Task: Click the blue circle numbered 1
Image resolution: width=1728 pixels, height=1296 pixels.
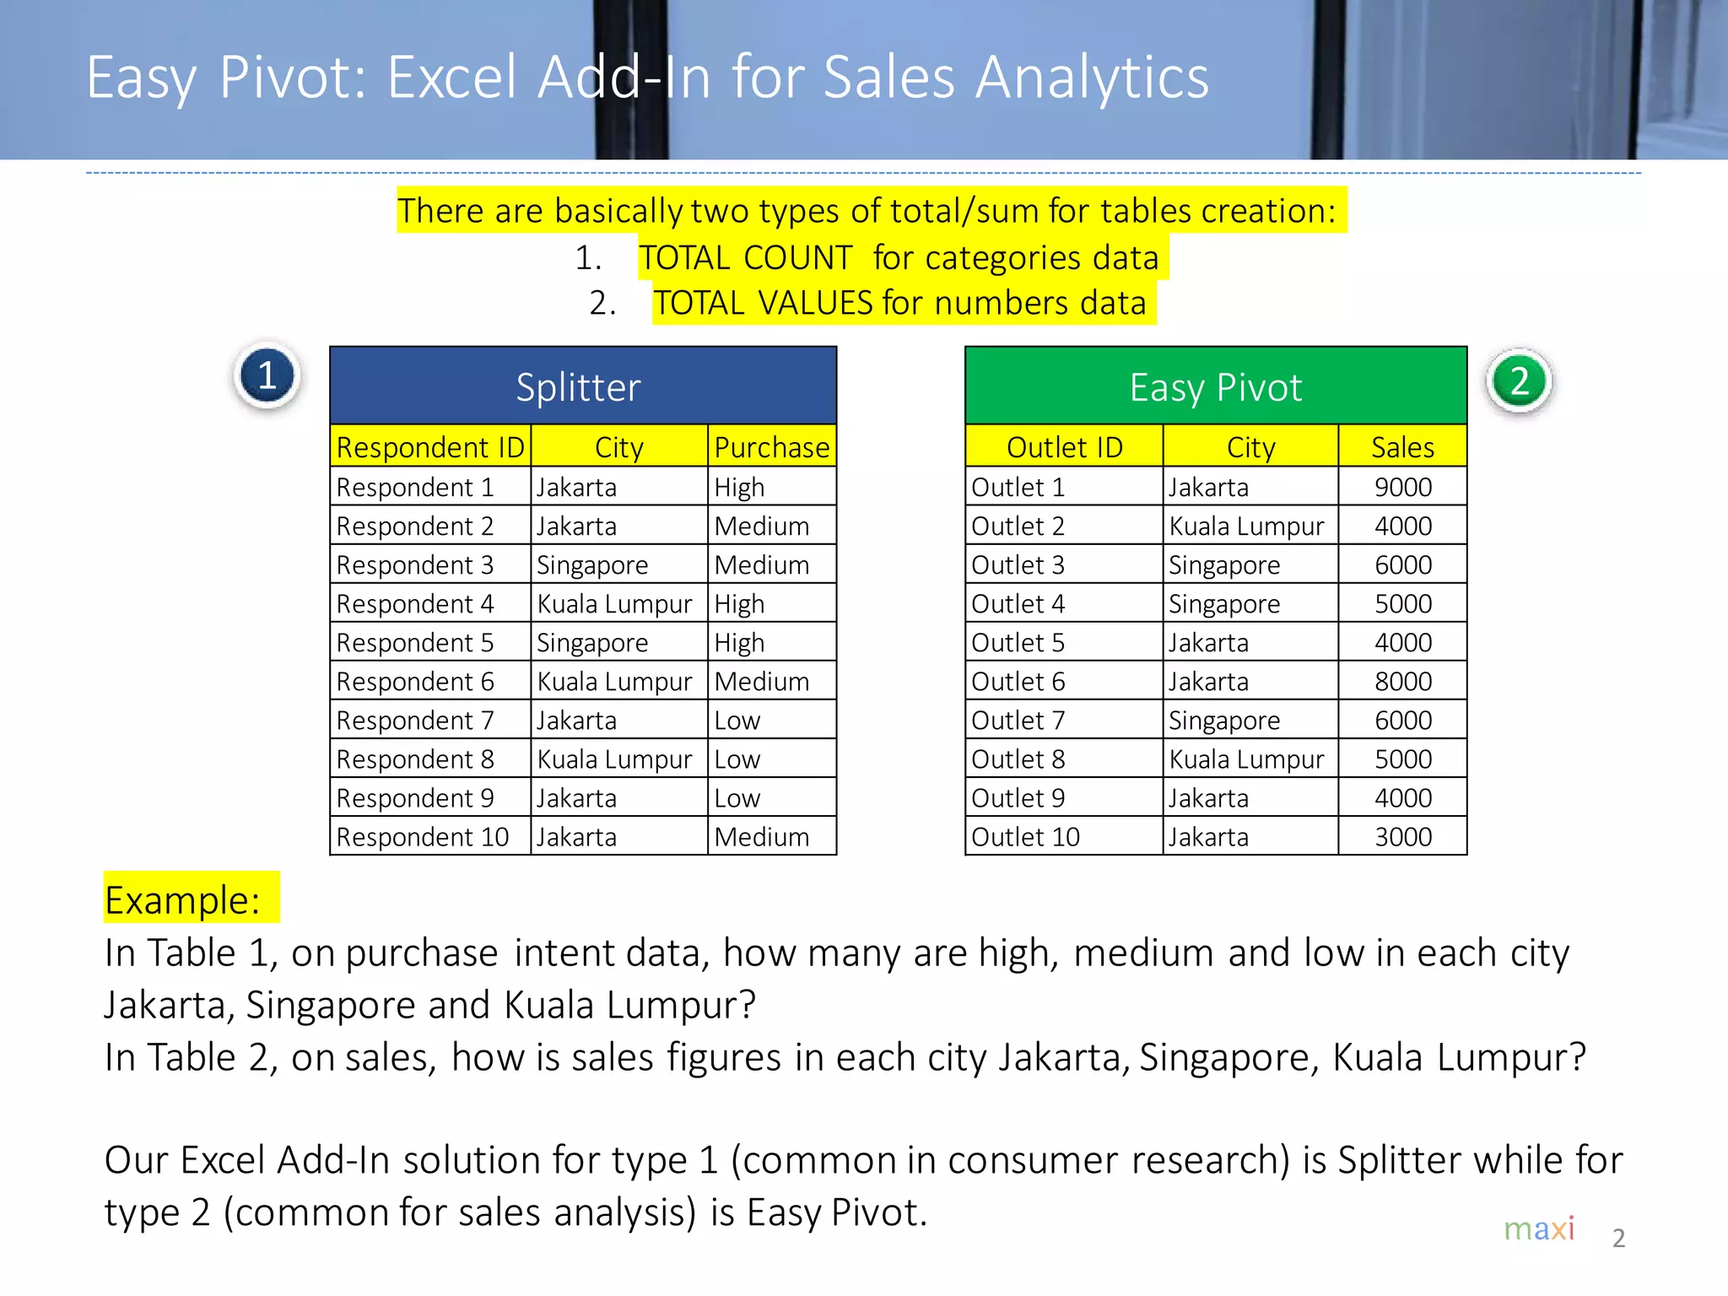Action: click(x=267, y=376)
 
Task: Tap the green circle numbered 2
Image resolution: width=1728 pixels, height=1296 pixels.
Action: click(x=1519, y=381)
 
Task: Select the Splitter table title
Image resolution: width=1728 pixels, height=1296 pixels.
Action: click(x=579, y=387)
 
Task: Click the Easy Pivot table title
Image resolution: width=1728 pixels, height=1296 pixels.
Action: click(x=1215, y=387)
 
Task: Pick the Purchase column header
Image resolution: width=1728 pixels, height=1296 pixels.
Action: click(x=771, y=447)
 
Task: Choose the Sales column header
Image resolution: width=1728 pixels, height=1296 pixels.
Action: click(x=1402, y=447)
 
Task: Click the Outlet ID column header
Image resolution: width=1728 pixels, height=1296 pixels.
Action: click(x=1064, y=447)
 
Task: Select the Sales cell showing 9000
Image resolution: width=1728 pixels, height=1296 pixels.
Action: click(x=1402, y=487)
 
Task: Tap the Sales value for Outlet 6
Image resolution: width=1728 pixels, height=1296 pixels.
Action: click(x=1402, y=681)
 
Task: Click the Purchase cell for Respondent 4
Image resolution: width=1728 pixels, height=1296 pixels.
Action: click(x=739, y=603)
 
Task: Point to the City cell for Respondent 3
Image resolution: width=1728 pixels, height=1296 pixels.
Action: click(x=592, y=564)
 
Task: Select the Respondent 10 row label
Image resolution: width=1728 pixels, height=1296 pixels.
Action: click(x=422, y=836)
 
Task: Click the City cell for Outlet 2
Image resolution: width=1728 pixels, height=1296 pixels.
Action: click(x=1246, y=526)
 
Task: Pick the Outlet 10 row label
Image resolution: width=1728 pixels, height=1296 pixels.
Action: click(x=1025, y=836)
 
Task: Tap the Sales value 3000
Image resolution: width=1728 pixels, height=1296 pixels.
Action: click(x=1402, y=836)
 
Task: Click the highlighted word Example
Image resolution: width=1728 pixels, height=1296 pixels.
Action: click(x=182, y=899)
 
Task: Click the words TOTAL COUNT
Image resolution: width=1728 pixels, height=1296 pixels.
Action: click(x=746, y=257)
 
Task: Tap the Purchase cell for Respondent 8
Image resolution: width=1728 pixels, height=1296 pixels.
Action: click(x=737, y=759)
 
